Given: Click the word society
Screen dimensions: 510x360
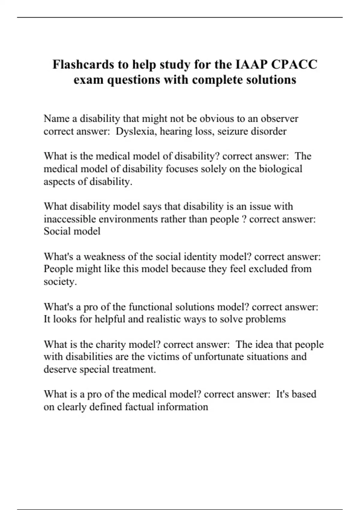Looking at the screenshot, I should coord(60,282).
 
